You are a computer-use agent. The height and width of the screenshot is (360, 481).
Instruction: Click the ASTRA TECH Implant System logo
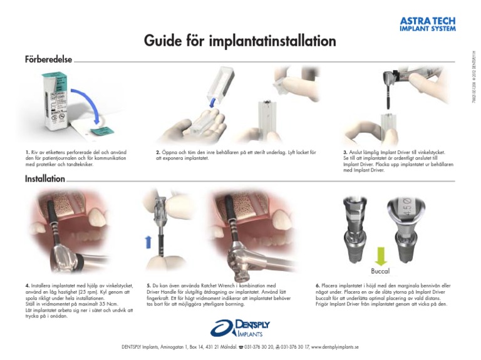click(428, 24)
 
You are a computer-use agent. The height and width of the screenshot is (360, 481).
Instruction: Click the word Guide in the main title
click(165, 42)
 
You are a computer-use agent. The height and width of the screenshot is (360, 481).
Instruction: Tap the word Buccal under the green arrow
click(380, 272)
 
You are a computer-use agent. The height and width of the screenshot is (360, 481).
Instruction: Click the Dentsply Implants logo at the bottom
click(240, 327)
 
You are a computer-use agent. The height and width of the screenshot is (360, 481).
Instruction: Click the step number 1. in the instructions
click(27, 152)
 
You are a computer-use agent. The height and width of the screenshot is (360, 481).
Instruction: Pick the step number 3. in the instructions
click(345, 152)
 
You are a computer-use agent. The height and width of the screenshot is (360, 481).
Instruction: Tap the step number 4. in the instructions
click(27, 285)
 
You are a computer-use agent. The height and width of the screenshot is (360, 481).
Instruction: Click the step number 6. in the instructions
click(319, 285)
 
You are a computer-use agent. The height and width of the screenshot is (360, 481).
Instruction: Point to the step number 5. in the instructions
click(148, 285)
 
